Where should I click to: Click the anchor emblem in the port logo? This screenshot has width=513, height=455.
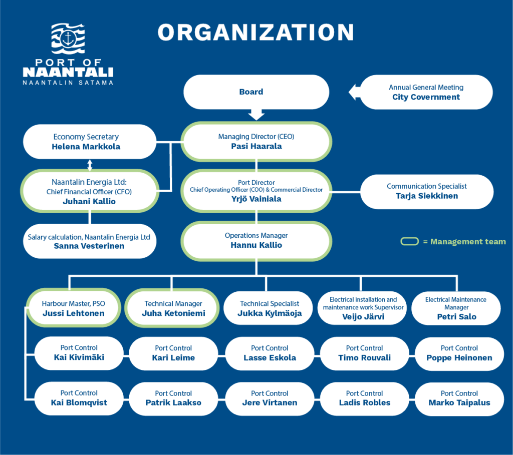point(68,38)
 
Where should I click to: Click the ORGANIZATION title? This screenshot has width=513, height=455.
point(256,32)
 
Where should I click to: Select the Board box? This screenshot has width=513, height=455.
point(256,92)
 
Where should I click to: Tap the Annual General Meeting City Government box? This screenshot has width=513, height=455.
point(426,92)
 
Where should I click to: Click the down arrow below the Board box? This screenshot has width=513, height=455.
point(256,115)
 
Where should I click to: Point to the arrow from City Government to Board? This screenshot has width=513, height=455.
point(354,92)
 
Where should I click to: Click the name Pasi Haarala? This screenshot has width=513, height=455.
point(256,146)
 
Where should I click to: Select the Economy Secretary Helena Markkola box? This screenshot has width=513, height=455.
point(90,142)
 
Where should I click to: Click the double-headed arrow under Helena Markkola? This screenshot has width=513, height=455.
point(90,165)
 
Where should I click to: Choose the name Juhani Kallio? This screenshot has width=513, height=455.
point(89,201)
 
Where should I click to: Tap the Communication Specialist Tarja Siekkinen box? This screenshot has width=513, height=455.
point(427,192)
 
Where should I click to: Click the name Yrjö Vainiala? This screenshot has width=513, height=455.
point(256,199)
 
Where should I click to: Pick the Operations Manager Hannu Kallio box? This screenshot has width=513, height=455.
point(256,241)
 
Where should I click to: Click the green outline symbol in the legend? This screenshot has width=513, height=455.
point(409,241)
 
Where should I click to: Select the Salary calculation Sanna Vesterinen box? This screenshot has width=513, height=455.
point(90,241)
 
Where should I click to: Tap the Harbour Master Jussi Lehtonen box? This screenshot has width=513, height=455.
point(73,308)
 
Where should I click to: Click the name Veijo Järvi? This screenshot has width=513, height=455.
point(363,316)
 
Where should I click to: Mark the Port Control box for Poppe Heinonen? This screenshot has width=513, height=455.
point(459,354)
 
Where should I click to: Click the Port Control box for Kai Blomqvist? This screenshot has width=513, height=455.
point(79,398)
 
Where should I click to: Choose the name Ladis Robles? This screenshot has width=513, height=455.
point(365,403)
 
